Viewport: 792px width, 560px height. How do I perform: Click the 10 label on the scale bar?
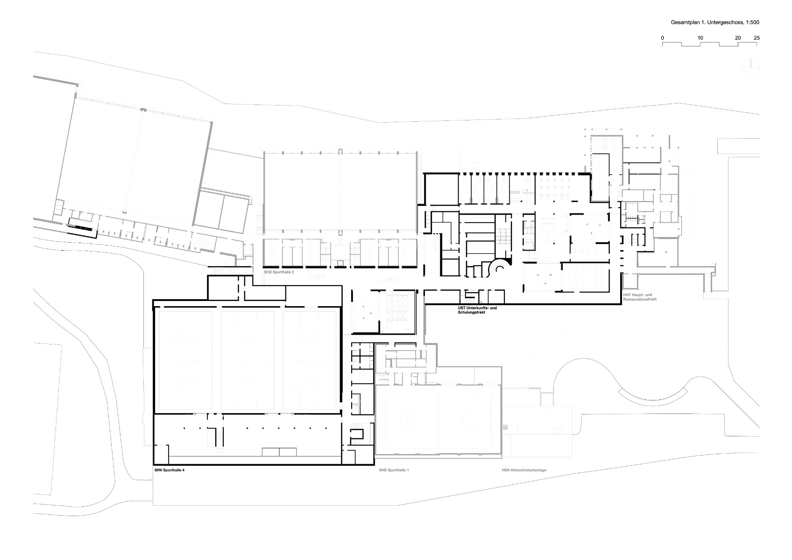700,37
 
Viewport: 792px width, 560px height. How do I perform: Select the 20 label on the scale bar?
738,37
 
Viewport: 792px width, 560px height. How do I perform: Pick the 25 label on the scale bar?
757,37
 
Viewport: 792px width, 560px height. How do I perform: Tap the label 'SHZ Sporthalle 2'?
279,271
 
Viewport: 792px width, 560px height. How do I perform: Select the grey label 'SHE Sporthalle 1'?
394,470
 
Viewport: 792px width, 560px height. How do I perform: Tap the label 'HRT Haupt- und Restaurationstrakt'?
640,297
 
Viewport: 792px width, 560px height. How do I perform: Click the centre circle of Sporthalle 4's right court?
311,361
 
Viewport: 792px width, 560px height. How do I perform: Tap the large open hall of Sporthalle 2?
340,191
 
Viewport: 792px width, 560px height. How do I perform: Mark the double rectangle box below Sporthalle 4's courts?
279,451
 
